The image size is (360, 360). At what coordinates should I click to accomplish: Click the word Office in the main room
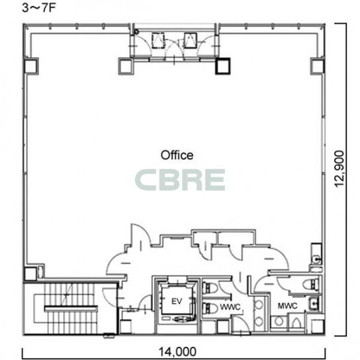(x=177, y=156)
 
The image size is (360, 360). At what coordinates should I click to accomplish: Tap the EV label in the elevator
(x=177, y=301)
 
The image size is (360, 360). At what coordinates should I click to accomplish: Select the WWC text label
(x=230, y=307)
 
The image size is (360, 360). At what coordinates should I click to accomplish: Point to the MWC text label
(x=287, y=306)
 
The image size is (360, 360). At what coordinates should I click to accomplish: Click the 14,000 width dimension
(x=177, y=351)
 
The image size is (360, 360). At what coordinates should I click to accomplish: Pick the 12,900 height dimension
(x=339, y=169)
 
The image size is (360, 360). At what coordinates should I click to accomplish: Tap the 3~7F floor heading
(x=39, y=8)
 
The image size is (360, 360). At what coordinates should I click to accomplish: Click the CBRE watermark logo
(x=180, y=180)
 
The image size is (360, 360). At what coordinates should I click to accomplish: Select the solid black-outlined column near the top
(x=223, y=66)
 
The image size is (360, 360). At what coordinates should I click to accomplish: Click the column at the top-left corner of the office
(x=31, y=66)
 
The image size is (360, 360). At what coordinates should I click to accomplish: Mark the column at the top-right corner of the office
(x=318, y=66)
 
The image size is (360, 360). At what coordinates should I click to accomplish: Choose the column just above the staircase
(x=30, y=274)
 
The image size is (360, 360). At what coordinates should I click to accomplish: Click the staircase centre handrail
(x=71, y=308)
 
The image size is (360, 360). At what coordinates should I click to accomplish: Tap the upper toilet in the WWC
(x=210, y=288)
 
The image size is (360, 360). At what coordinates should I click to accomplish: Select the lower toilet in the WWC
(x=210, y=308)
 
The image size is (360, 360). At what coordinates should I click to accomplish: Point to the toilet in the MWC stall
(x=311, y=285)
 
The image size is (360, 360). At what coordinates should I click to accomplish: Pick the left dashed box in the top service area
(x=158, y=40)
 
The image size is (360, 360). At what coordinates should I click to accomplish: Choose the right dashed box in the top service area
(x=191, y=40)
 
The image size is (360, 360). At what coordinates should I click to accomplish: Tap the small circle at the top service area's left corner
(x=136, y=32)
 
